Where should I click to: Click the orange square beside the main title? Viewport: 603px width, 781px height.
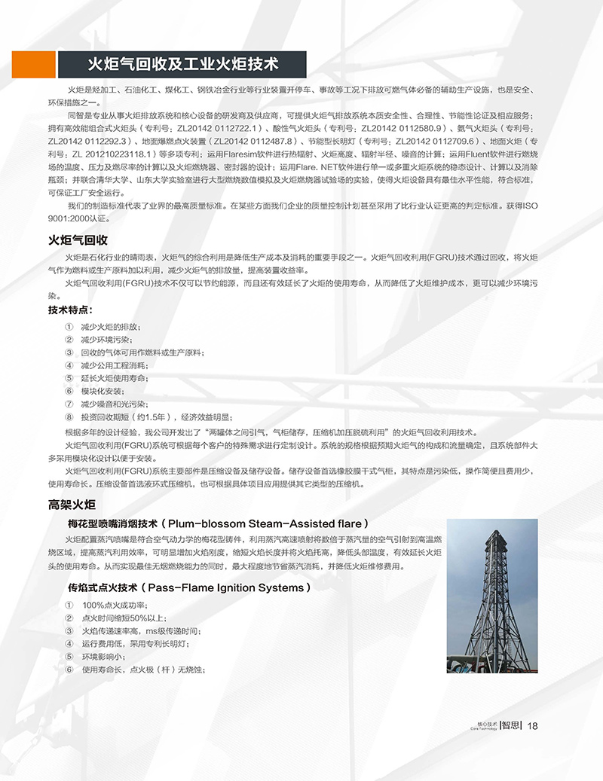click(34, 64)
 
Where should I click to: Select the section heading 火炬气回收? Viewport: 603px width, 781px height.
click(78, 241)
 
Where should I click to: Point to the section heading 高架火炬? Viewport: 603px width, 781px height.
click(72, 505)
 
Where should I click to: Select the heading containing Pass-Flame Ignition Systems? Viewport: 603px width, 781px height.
click(189, 587)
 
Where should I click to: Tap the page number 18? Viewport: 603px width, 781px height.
click(532, 726)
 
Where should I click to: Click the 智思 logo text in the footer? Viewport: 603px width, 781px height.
click(510, 726)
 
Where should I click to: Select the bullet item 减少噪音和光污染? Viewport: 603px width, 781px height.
click(114, 404)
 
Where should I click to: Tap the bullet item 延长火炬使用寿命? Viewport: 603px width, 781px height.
click(114, 378)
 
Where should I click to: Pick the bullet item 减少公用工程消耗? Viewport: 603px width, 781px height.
click(114, 365)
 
